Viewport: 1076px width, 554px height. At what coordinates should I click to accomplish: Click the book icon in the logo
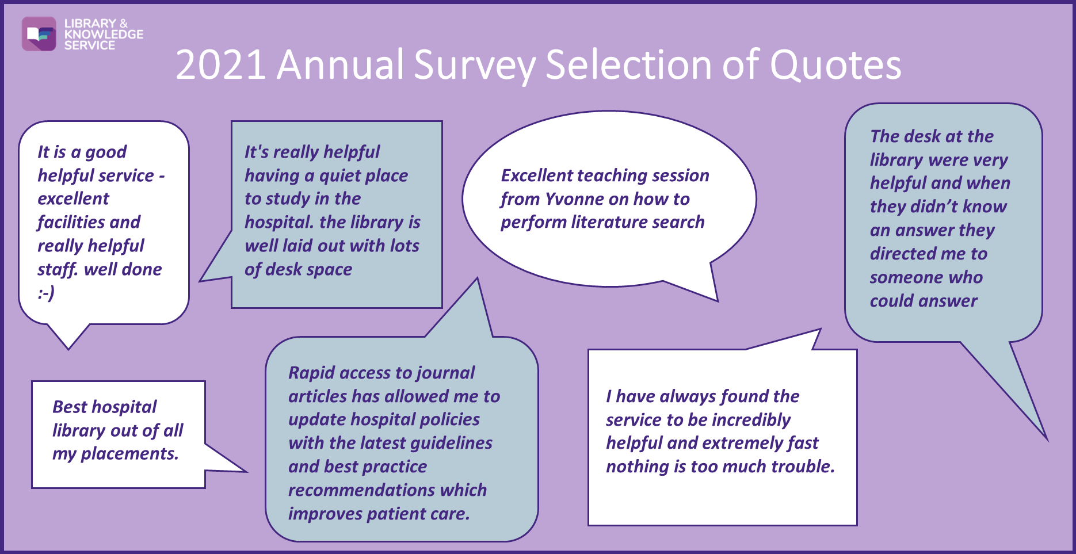click(x=39, y=34)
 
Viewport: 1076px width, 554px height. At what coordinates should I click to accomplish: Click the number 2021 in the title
click(x=221, y=64)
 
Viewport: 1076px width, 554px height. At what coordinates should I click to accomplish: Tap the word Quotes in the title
click(x=835, y=64)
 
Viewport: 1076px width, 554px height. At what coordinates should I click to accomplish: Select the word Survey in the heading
click(x=475, y=65)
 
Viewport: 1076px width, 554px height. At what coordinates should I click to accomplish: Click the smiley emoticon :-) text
click(x=46, y=293)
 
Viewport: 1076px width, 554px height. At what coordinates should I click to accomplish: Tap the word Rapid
click(x=311, y=373)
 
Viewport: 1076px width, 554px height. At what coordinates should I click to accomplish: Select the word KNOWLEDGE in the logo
click(x=104, y=34)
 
